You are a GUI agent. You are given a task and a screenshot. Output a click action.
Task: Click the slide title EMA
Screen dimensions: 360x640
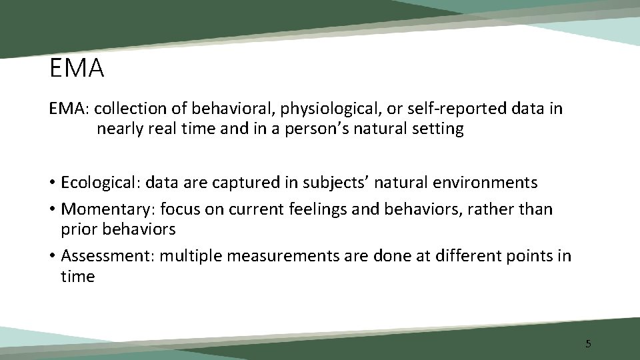77,69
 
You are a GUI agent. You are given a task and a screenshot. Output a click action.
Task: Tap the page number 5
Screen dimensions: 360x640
588,344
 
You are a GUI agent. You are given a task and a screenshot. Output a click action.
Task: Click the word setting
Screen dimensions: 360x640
437,129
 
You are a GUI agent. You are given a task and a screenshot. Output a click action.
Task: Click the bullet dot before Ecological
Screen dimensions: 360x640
52,183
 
